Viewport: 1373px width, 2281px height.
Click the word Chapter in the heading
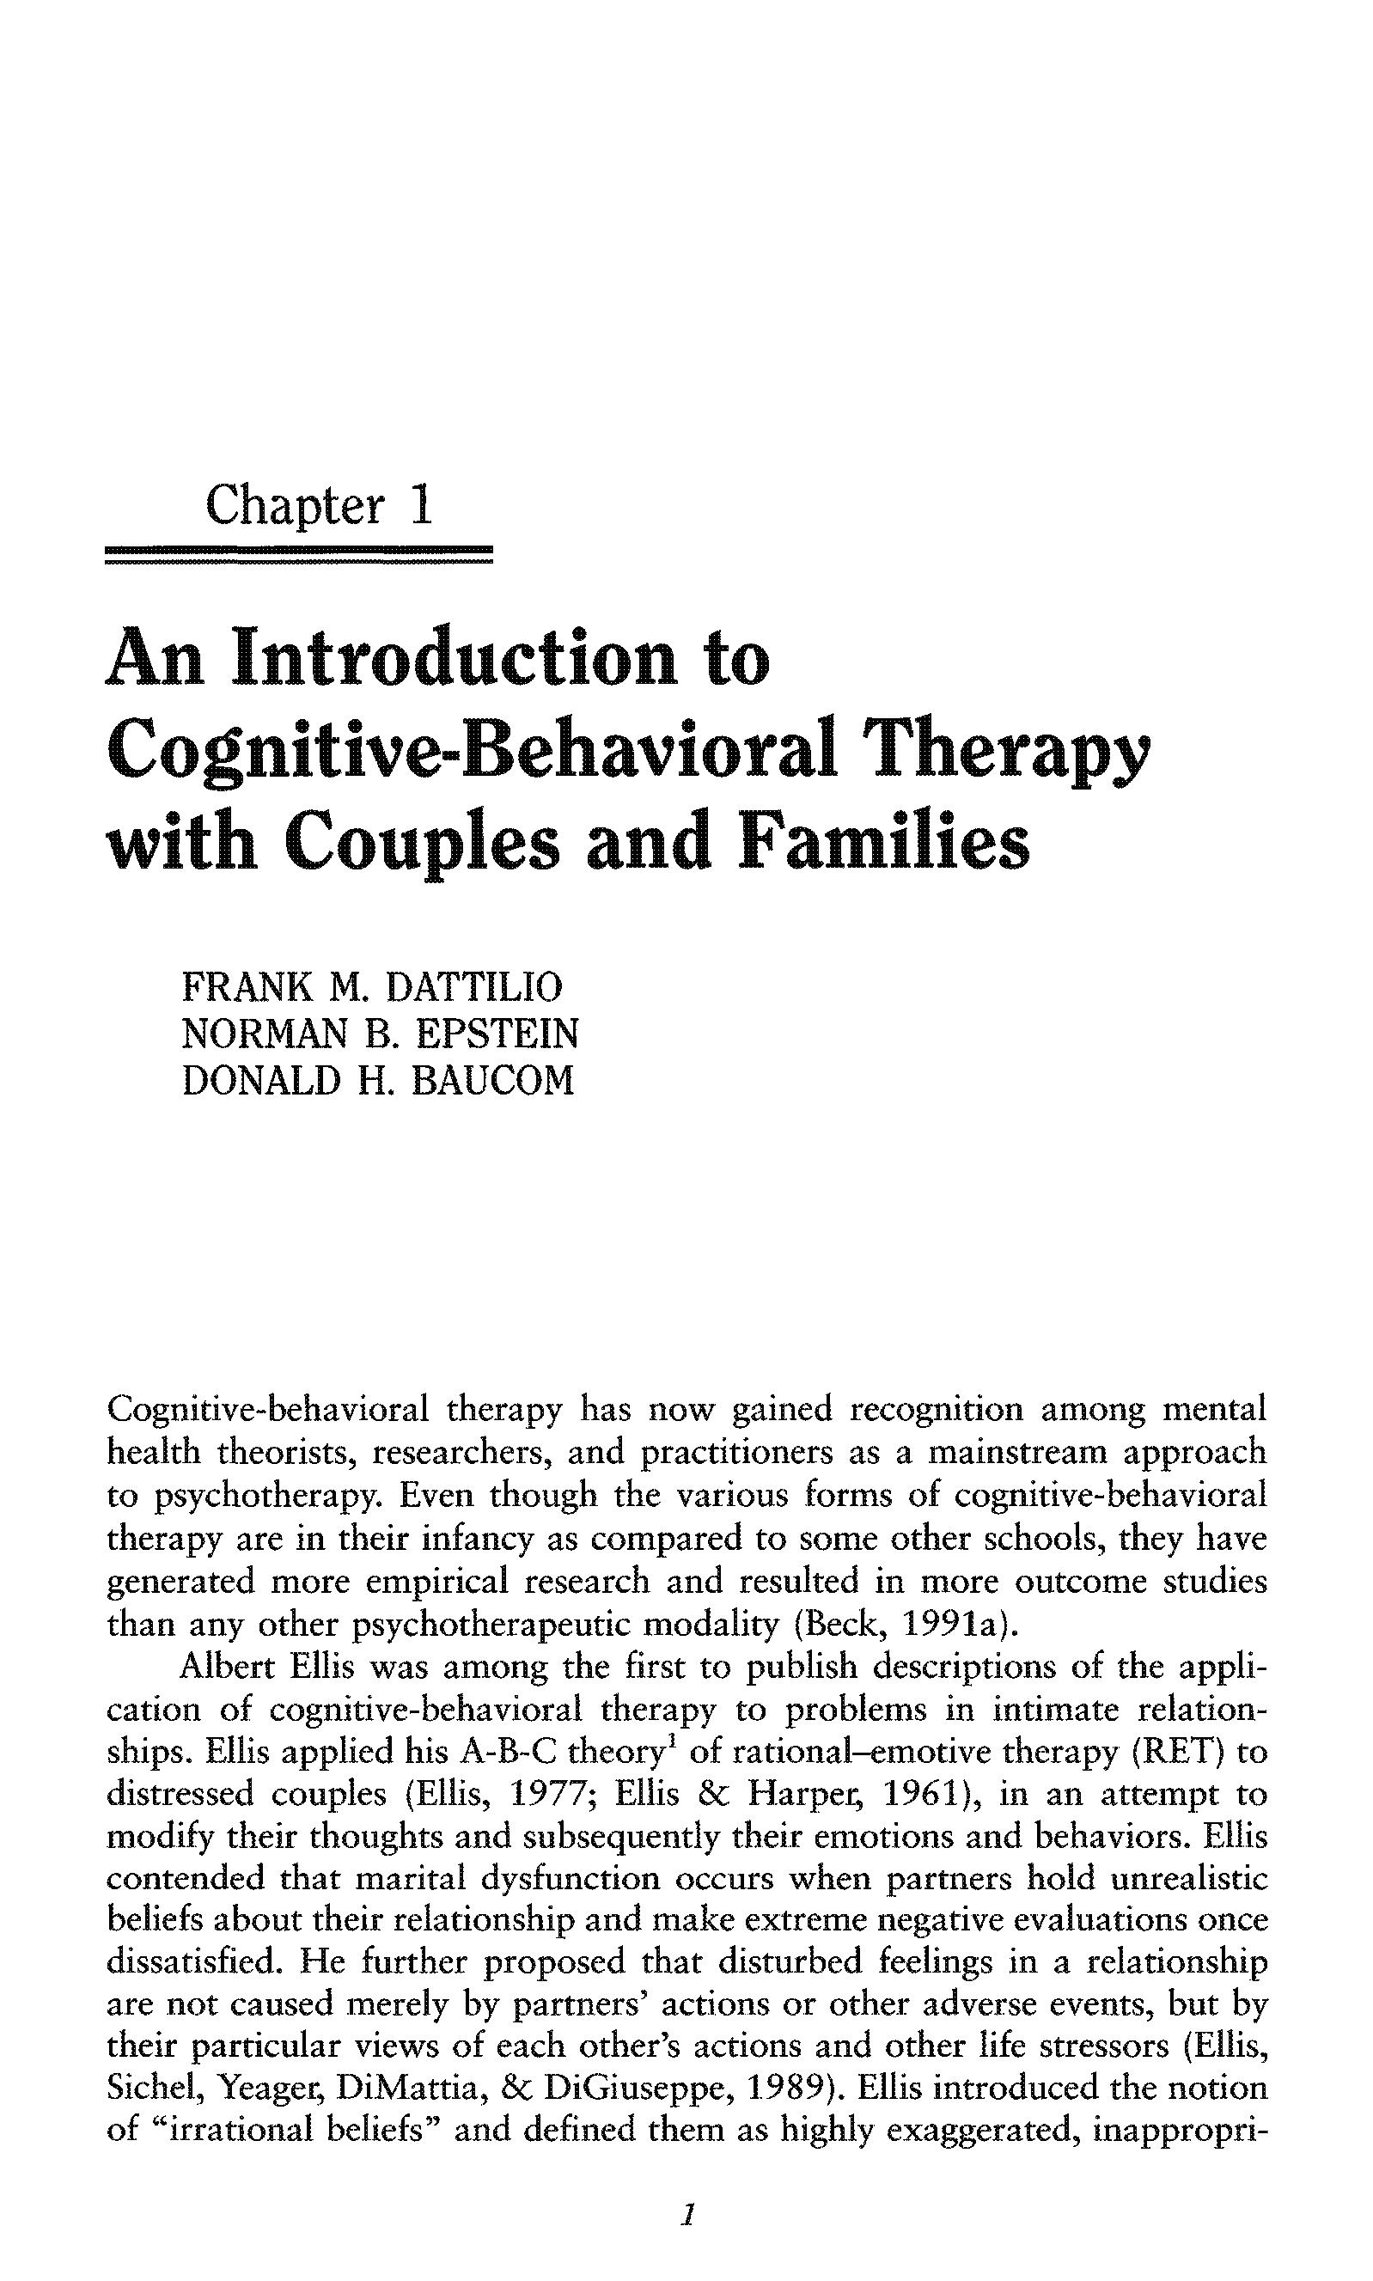pyautogui.click(x=294, y=506)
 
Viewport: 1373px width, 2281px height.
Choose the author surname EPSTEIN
pyautogui.click(x=497, y=1034)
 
